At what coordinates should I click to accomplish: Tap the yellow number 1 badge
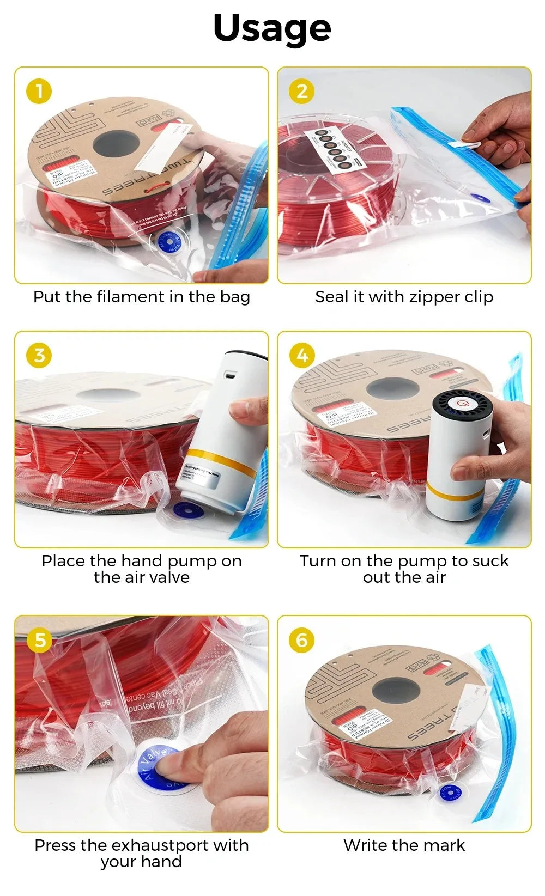(x=39, y=91)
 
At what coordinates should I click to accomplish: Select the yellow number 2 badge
(x=302, y=91)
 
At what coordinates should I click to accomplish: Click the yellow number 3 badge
(x=39, y=355)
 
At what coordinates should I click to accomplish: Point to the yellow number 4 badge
(x=302, y=355)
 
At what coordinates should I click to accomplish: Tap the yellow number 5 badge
(x=39, y=640)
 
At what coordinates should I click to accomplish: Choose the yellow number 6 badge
(x=302, y=640)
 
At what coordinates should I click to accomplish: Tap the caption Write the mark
(x=404, y=845)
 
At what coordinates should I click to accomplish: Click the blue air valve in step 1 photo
(x=172, y=242)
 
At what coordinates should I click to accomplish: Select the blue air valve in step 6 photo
(x=450, y=791)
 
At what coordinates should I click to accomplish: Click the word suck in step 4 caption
(x=489, y=561)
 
